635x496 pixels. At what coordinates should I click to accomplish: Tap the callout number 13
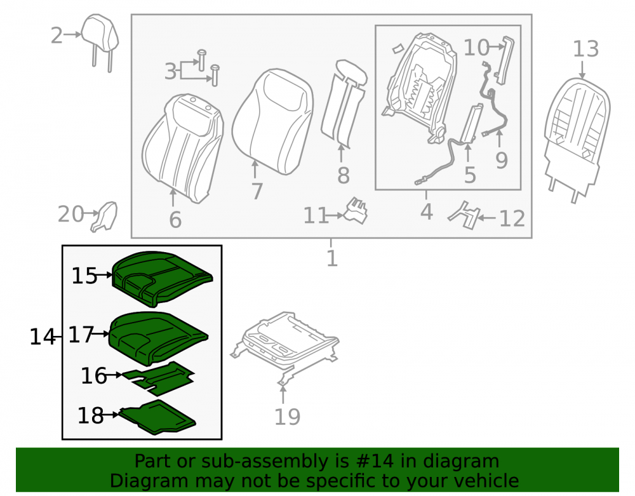tap(585, 49)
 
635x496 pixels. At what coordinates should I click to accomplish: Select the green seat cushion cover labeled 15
tap(163, 279)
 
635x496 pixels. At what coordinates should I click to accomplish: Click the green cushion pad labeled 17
tap(159, 338)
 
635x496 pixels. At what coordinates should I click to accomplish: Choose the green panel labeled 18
tap(157, 417)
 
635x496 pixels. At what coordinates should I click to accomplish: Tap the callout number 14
tap(42, 337)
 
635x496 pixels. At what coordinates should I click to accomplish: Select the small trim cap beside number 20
tap(104, 217)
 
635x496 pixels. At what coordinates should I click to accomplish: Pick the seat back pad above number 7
tap(272, 121)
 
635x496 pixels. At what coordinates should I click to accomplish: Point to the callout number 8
tap(344, 175)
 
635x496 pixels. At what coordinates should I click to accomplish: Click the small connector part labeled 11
tap(356, 211)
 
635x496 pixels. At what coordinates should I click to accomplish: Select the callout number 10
tap(476, 48)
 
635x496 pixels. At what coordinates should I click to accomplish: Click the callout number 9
tap(502, 161)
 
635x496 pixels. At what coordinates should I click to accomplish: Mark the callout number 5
tap(470, 175)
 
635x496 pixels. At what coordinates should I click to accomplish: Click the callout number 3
tap(170, 72)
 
